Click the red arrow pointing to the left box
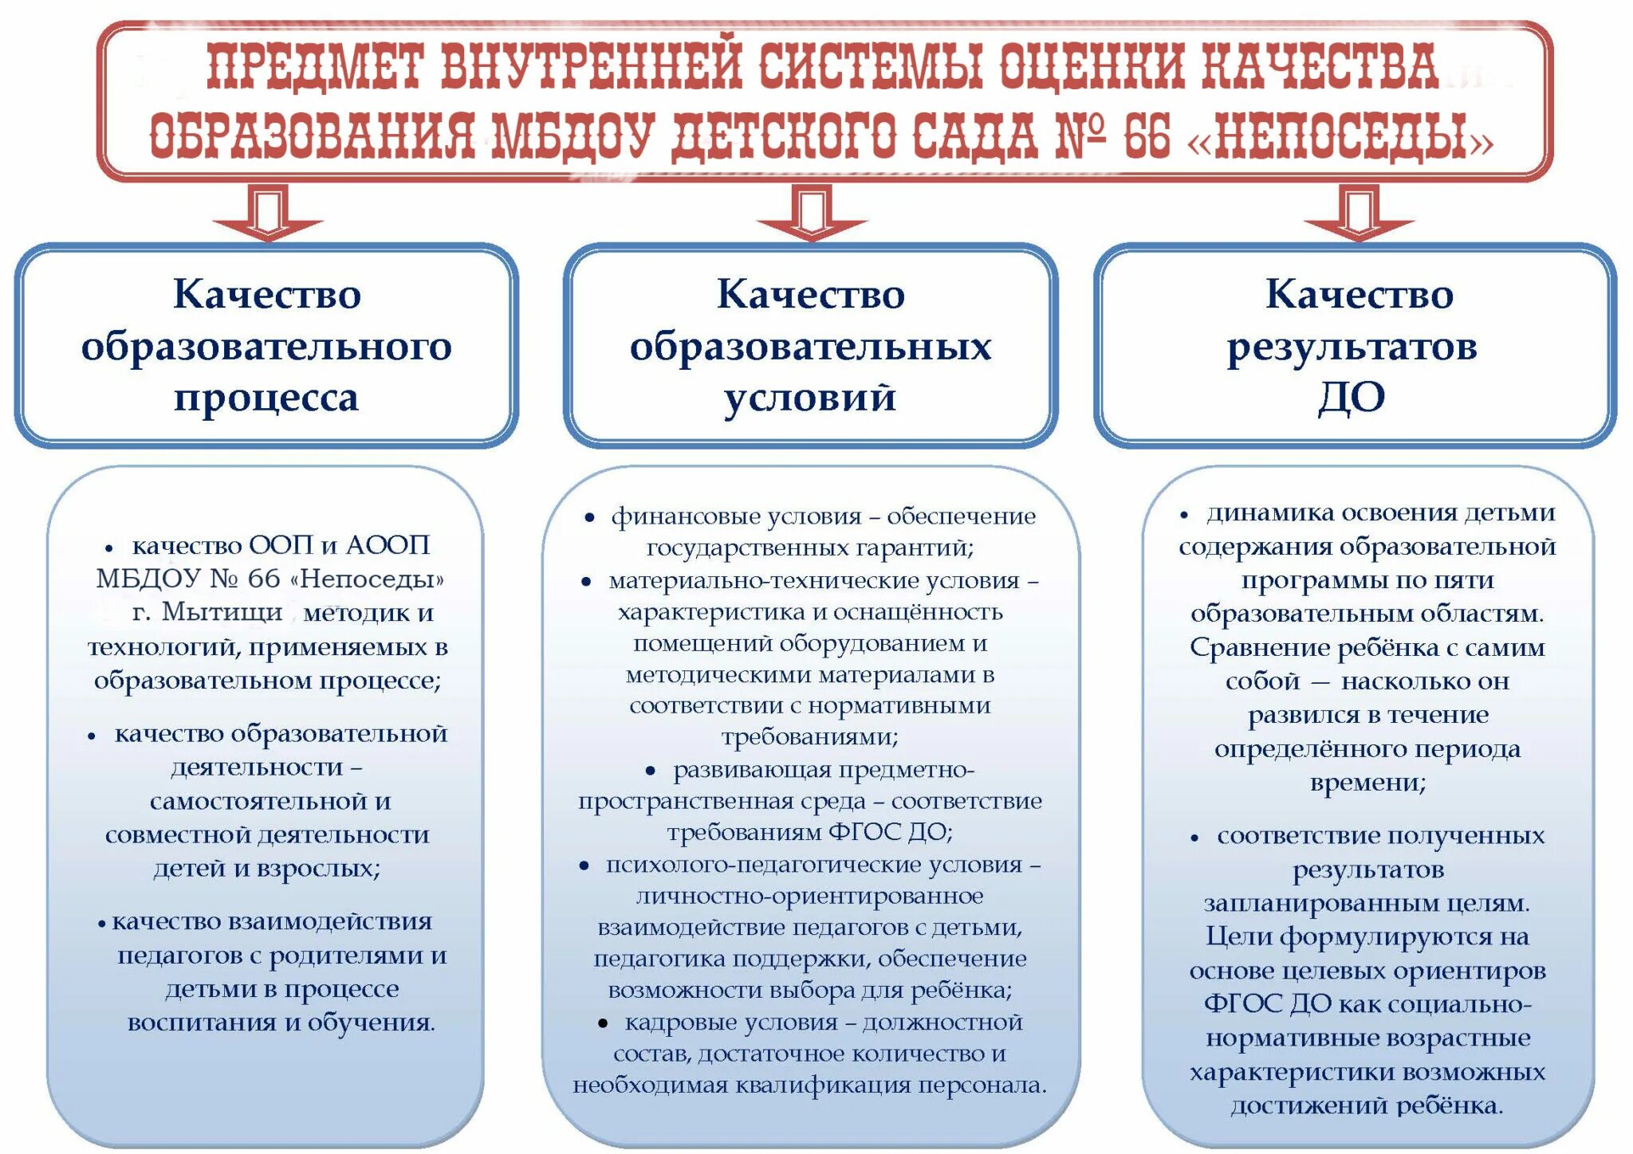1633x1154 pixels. [x=268, y=214]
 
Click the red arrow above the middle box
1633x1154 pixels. [x=811, y=214]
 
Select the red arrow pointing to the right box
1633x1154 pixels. [x=1359, y=214]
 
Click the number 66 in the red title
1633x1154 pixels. [x=1147, y=135]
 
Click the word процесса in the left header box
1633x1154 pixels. [x=266, y=398]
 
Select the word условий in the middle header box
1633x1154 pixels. [x=810, y=398]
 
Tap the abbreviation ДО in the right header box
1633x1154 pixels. [x=1352, y=398]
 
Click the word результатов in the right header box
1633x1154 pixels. [x=1352, y=347]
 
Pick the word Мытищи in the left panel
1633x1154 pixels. [x=222, y=612]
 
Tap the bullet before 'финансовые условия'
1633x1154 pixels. [x=589, y=518]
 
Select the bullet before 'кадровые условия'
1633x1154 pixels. [x=603, y=1023]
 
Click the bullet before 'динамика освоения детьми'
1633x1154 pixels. [x=1184, y=515]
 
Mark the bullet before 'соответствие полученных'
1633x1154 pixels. [x=1194, y=838]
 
